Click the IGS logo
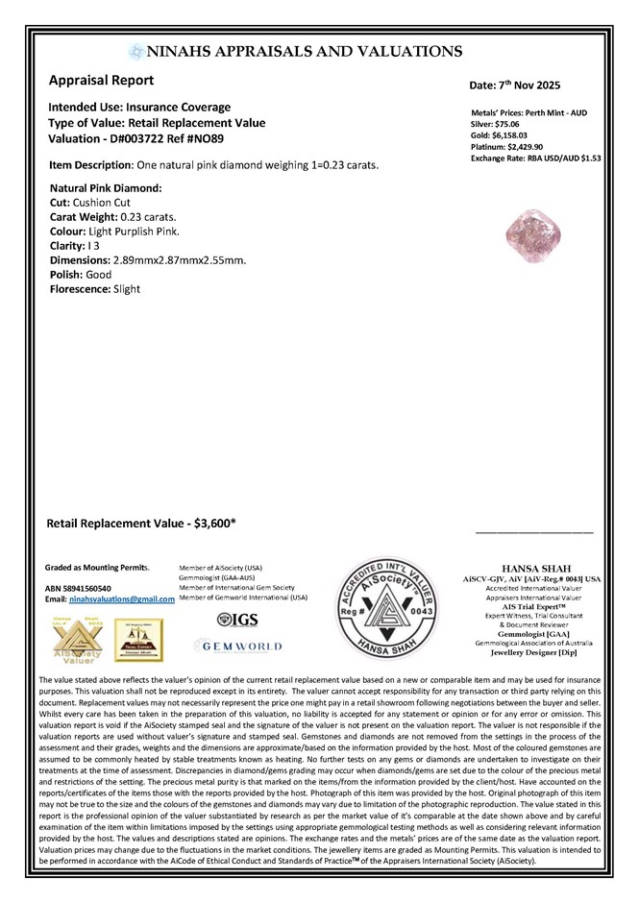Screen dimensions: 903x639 click(x=238, y=620)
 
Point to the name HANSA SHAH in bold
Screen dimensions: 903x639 click(x=532, y=568)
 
